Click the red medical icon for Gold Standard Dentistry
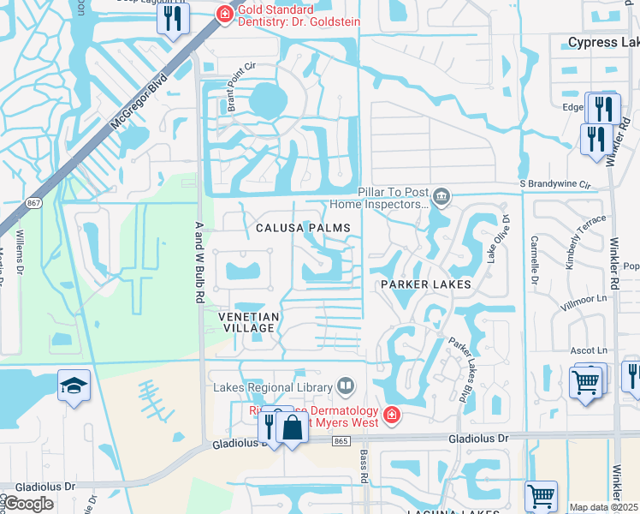click(224, 13)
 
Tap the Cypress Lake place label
click(603, 42)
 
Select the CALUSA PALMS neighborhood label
click(303, 228)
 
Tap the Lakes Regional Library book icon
click(346, 387)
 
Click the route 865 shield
click(341, 440)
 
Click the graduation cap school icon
click(74, 386)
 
